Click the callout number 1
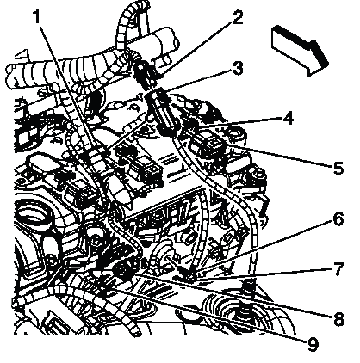click(x=36, y=17)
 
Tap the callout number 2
click(x=238, y=17)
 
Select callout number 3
click(x=238, y=68)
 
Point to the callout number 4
click(x=288, y=118)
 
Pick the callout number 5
click(x=338, y=167)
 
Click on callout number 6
click(x=338, y=218)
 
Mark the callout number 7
click(x=338, y=268)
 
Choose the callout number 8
click(x=338, y=318)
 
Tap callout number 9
click(x=313, y=344)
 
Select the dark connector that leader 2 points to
click(x=145, y=71)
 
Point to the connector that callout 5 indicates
click(x=208, y=145)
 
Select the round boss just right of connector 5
click(x=236, y=135)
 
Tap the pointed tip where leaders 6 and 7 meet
click(x=192, y=276)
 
